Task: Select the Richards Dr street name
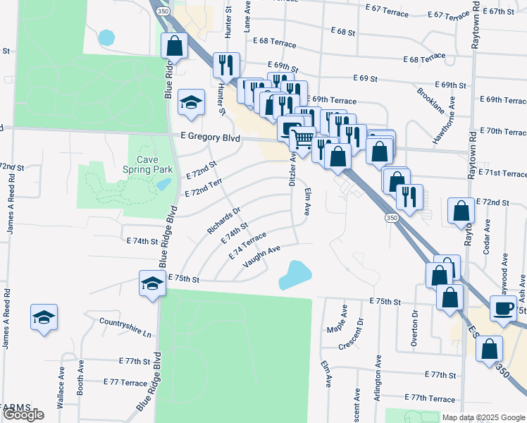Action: pos(224,220)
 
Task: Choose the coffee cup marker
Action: pos(504,309)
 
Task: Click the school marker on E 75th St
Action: pos(151,283)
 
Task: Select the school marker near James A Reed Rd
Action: pos(44,317)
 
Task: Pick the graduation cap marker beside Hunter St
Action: pos(190,102)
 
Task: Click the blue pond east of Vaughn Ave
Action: pos(295,274)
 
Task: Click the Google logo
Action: pos(23,415)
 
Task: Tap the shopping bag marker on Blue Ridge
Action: pos(174,47)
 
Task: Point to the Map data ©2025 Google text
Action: pos(483,417)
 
